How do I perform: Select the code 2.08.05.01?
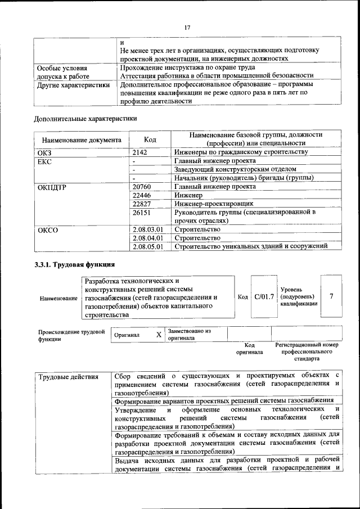point(148,246)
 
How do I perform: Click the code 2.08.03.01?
point(148,229)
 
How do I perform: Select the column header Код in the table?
point(150,139)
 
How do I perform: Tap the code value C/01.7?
point(264,296)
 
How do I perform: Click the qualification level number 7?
point(332,296)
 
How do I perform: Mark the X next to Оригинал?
point(159,335)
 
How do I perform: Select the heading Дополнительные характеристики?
point(85,118)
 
